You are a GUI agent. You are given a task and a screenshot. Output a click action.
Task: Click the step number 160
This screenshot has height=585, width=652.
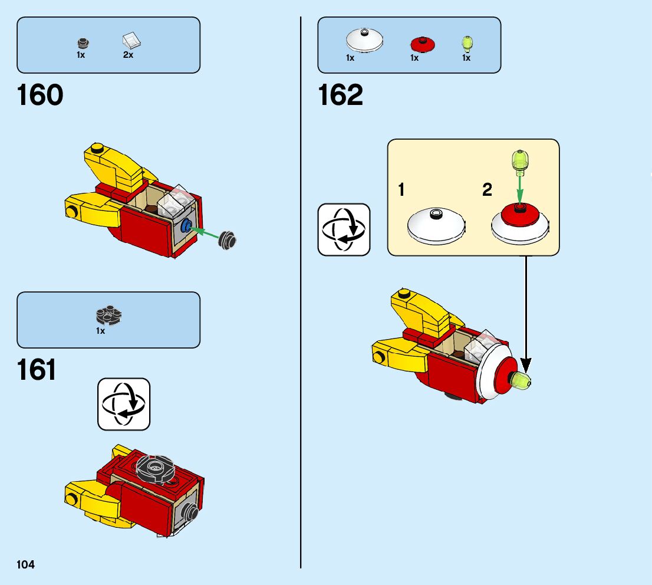(x=40, y=96)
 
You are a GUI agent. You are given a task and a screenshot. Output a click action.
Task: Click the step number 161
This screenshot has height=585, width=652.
(x=37, y=370)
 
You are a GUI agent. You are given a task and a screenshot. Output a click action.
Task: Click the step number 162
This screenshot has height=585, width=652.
(x=341, y=96)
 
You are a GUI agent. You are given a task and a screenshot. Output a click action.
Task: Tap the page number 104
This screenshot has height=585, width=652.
(x=26, y=565)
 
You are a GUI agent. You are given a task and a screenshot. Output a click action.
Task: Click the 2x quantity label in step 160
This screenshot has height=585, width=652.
(x=128, y=55)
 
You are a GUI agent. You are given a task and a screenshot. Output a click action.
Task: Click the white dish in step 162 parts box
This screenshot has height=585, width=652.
(x=364, y=40)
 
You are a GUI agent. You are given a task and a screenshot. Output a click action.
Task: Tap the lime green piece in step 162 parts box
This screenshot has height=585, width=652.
(x=466, y=44)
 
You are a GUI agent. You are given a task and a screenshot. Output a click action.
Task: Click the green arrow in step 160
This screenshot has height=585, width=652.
(x=206, y=233)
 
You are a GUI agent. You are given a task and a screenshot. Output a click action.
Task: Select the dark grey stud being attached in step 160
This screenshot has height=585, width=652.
(x=228, y=240)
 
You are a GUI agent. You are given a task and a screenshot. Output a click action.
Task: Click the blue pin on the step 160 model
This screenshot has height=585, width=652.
(x=187, y=225)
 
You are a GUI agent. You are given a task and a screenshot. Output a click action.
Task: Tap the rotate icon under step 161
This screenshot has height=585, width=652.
(x=124, y=404)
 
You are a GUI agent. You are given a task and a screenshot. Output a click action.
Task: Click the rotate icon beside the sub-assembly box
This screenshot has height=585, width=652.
(x=344, y=229)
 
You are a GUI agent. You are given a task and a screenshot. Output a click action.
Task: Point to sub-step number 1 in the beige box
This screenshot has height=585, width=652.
(x=401, y=190)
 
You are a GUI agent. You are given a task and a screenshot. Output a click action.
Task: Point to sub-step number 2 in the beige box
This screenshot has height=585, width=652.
(x=487, y=190)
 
